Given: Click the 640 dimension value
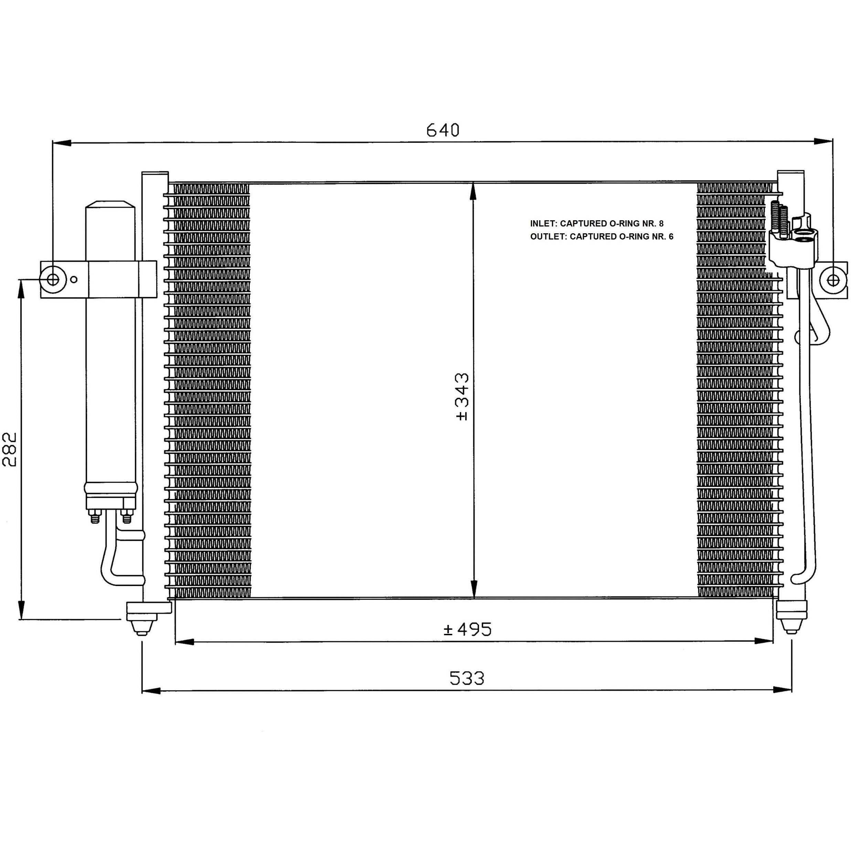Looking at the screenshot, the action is (x=443, y=130).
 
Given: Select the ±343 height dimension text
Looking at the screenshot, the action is (x=462, y=397).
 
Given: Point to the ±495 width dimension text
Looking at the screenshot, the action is (x=467, y=629).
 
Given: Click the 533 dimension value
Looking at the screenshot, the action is (x=467, y=678).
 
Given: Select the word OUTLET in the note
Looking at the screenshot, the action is (x=549, y=236).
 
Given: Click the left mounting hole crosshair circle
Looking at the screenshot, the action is (x=53, y=279).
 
